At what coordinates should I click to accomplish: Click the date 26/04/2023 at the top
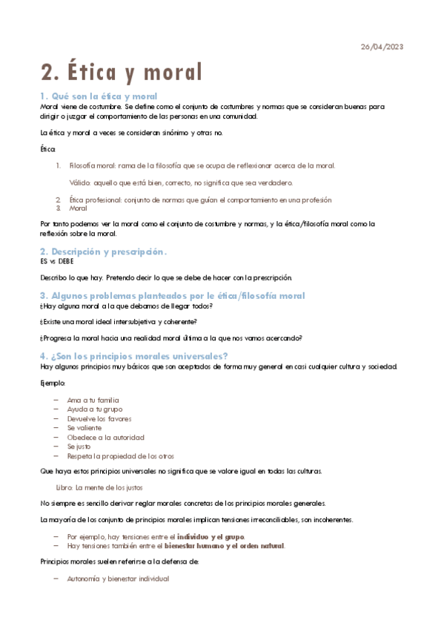tap(382, 47)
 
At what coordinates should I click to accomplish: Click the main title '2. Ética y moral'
tap(122, 72)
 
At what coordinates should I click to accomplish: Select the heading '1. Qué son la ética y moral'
tap(99, 96)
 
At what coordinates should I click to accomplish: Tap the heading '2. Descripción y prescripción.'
tap(103, 252)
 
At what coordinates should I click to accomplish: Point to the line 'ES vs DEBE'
tap(57, 262)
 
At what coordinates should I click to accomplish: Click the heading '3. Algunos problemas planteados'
tap(172, 296)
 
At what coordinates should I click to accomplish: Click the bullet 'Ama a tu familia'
tap(93, 400)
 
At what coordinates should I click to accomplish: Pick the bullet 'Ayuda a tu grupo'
tap(95, 409)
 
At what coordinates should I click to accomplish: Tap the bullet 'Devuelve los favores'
tap(100, 418)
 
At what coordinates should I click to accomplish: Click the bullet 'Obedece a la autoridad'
tap(105, 438)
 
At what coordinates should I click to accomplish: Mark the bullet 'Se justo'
tap(79, 447)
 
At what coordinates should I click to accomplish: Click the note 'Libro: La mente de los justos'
tap(99, 487)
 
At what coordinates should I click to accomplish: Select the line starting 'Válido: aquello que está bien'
tap(181, 182)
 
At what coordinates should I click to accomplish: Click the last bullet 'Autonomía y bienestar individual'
tap(118, 578)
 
